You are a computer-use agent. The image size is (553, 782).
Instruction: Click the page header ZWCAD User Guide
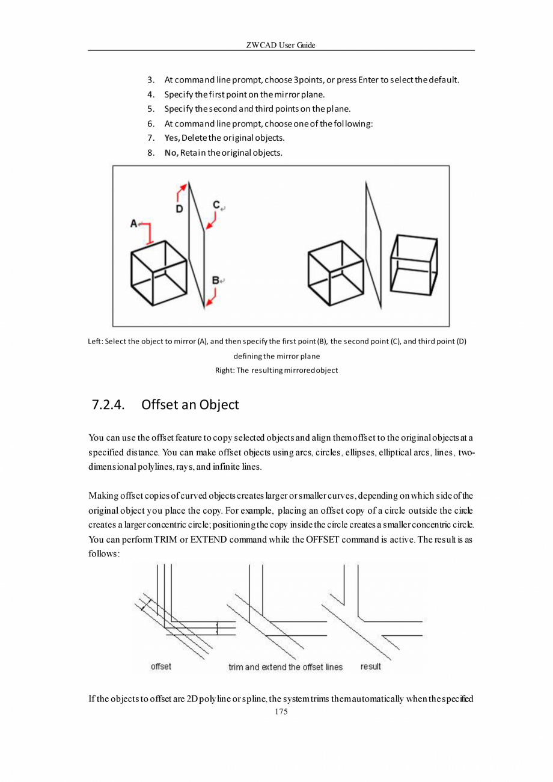tap(281, 46)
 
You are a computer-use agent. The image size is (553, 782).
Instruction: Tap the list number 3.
tap(151, 80)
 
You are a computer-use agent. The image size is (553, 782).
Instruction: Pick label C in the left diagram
tap(216, 205)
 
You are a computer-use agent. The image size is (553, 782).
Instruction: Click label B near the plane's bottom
tap(216, 280)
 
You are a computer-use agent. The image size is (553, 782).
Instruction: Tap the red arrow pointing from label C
tap(210, 223)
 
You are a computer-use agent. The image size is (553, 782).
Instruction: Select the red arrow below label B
tap(210, 298)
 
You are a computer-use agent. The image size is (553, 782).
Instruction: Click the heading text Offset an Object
tap(190, 405)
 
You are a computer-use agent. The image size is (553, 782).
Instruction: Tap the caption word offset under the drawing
tap(160, 667)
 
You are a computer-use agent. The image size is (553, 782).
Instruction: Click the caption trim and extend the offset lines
tap(286, 667)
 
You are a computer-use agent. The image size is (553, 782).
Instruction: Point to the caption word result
tap(370, 667)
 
